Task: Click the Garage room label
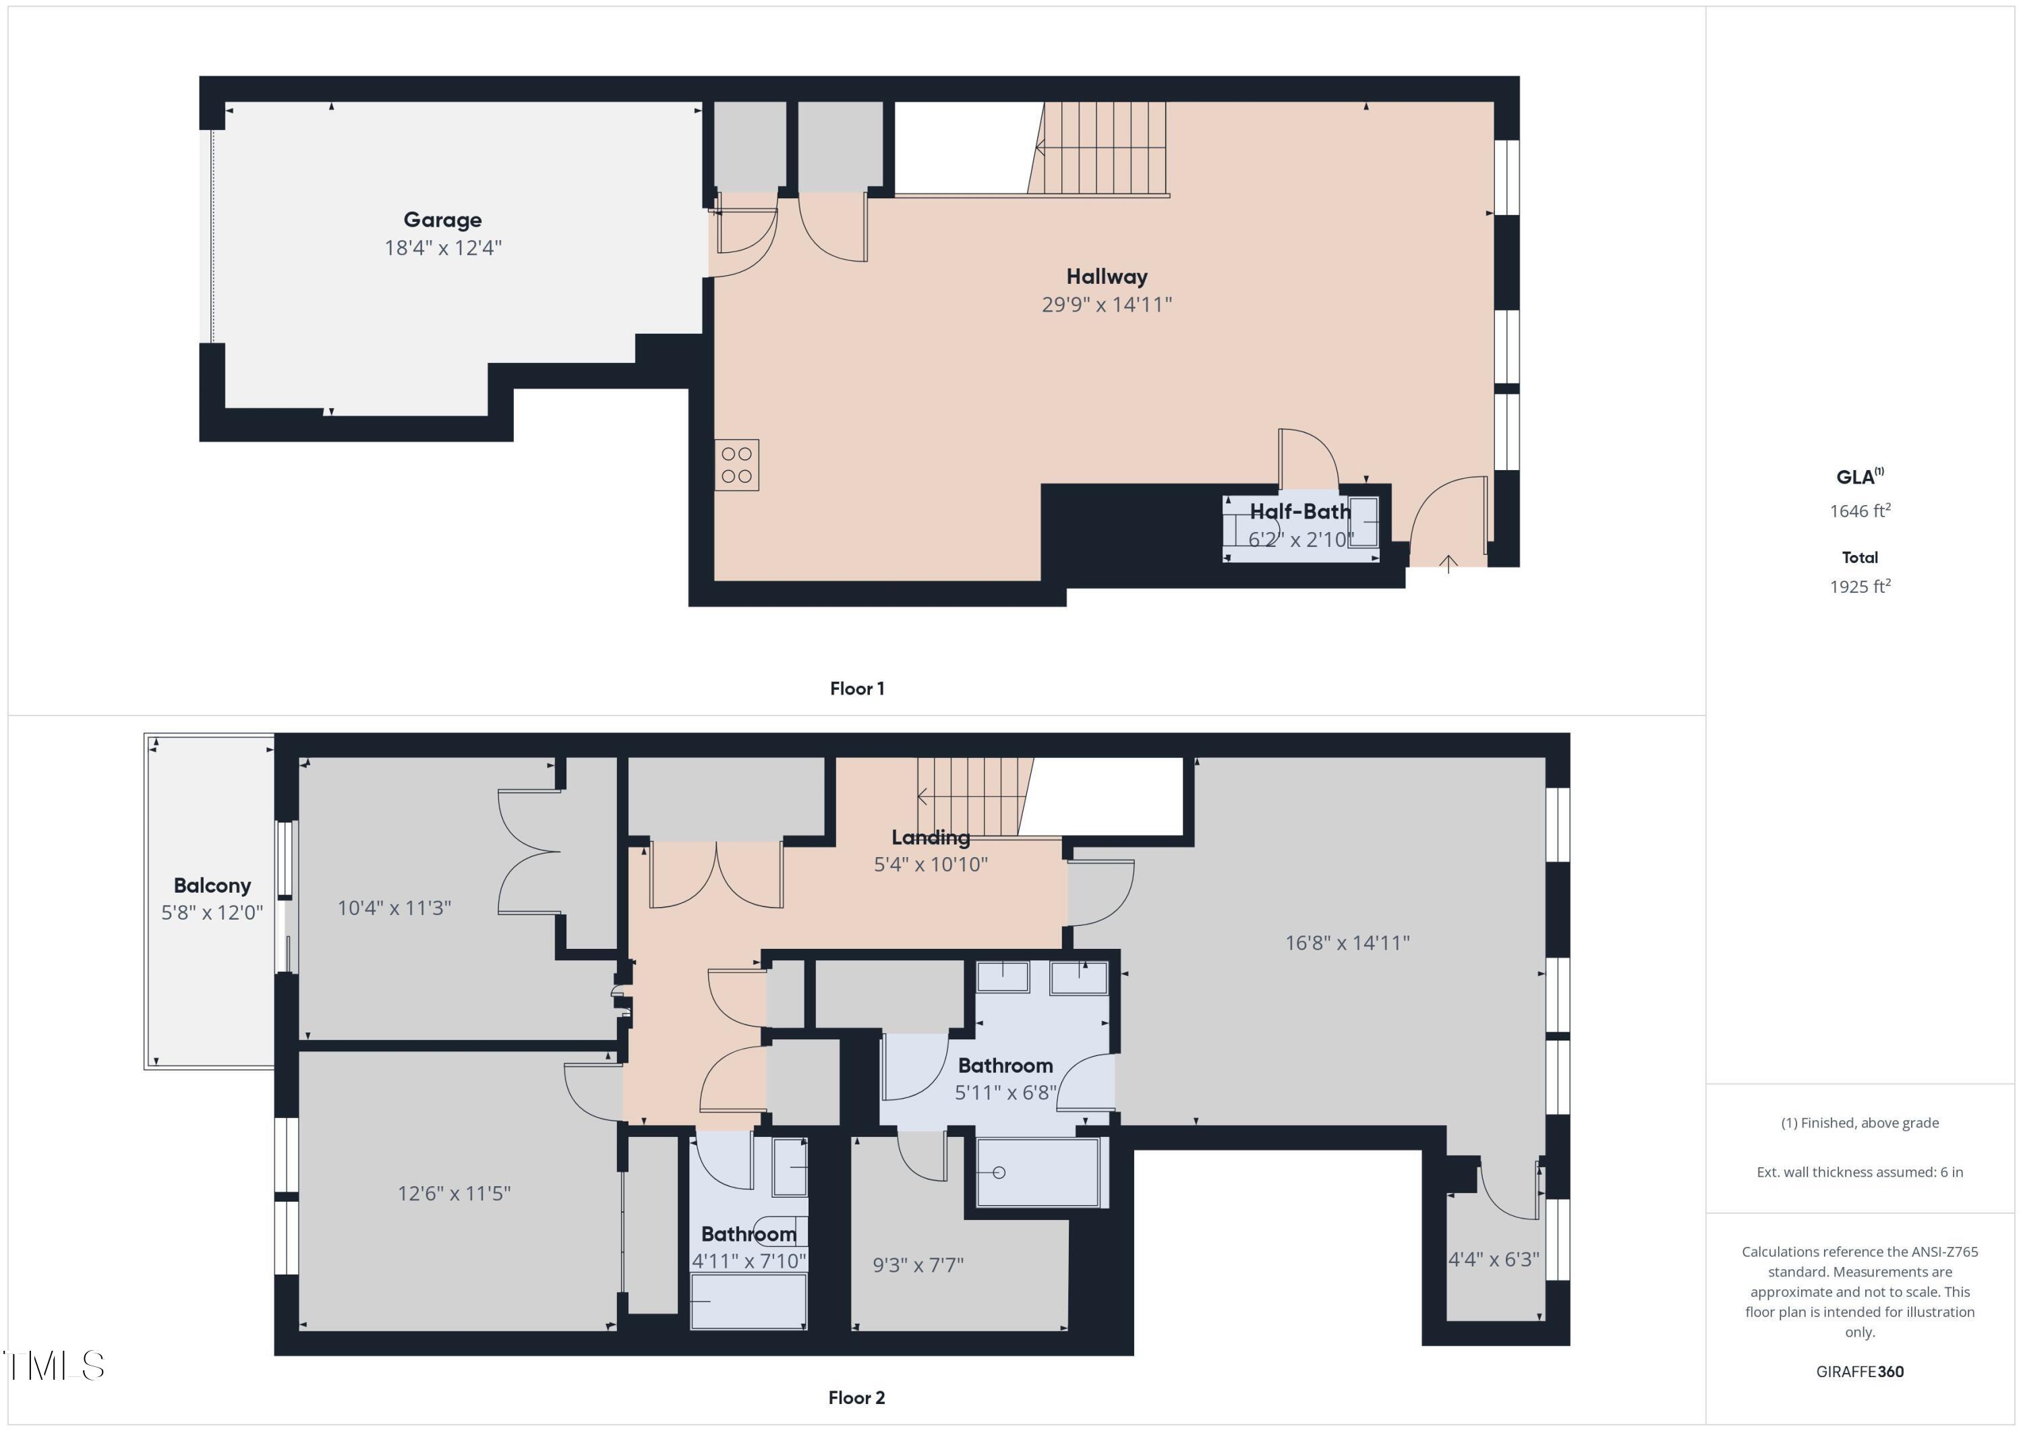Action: [x=442, y=219]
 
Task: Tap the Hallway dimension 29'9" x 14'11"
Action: [x=1107, y=305]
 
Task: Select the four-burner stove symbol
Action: [x=736, y=465]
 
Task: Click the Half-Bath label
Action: [x=1299, y=512]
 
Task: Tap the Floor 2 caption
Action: [x=856, y=1397]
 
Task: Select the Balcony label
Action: [x=212, y=885]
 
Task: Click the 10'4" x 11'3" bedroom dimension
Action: [x=394, y=908]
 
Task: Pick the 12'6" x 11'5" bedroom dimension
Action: [x=454, y=1193]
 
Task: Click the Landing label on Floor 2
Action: [x=931, y=837]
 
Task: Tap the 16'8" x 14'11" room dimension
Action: [x=1347, y=943]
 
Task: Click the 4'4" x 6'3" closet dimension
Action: [x=1494, y=1259]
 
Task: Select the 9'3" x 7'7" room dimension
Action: [x=918, y=1265]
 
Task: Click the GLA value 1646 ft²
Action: [x=1859, y=511]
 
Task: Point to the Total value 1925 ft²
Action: [x=1859, y=587]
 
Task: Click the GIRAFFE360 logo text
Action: [x=1859, y=1371]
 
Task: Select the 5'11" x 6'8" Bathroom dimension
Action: [x=1005, y=1092]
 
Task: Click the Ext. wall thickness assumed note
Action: [x=1859, y=1172]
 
